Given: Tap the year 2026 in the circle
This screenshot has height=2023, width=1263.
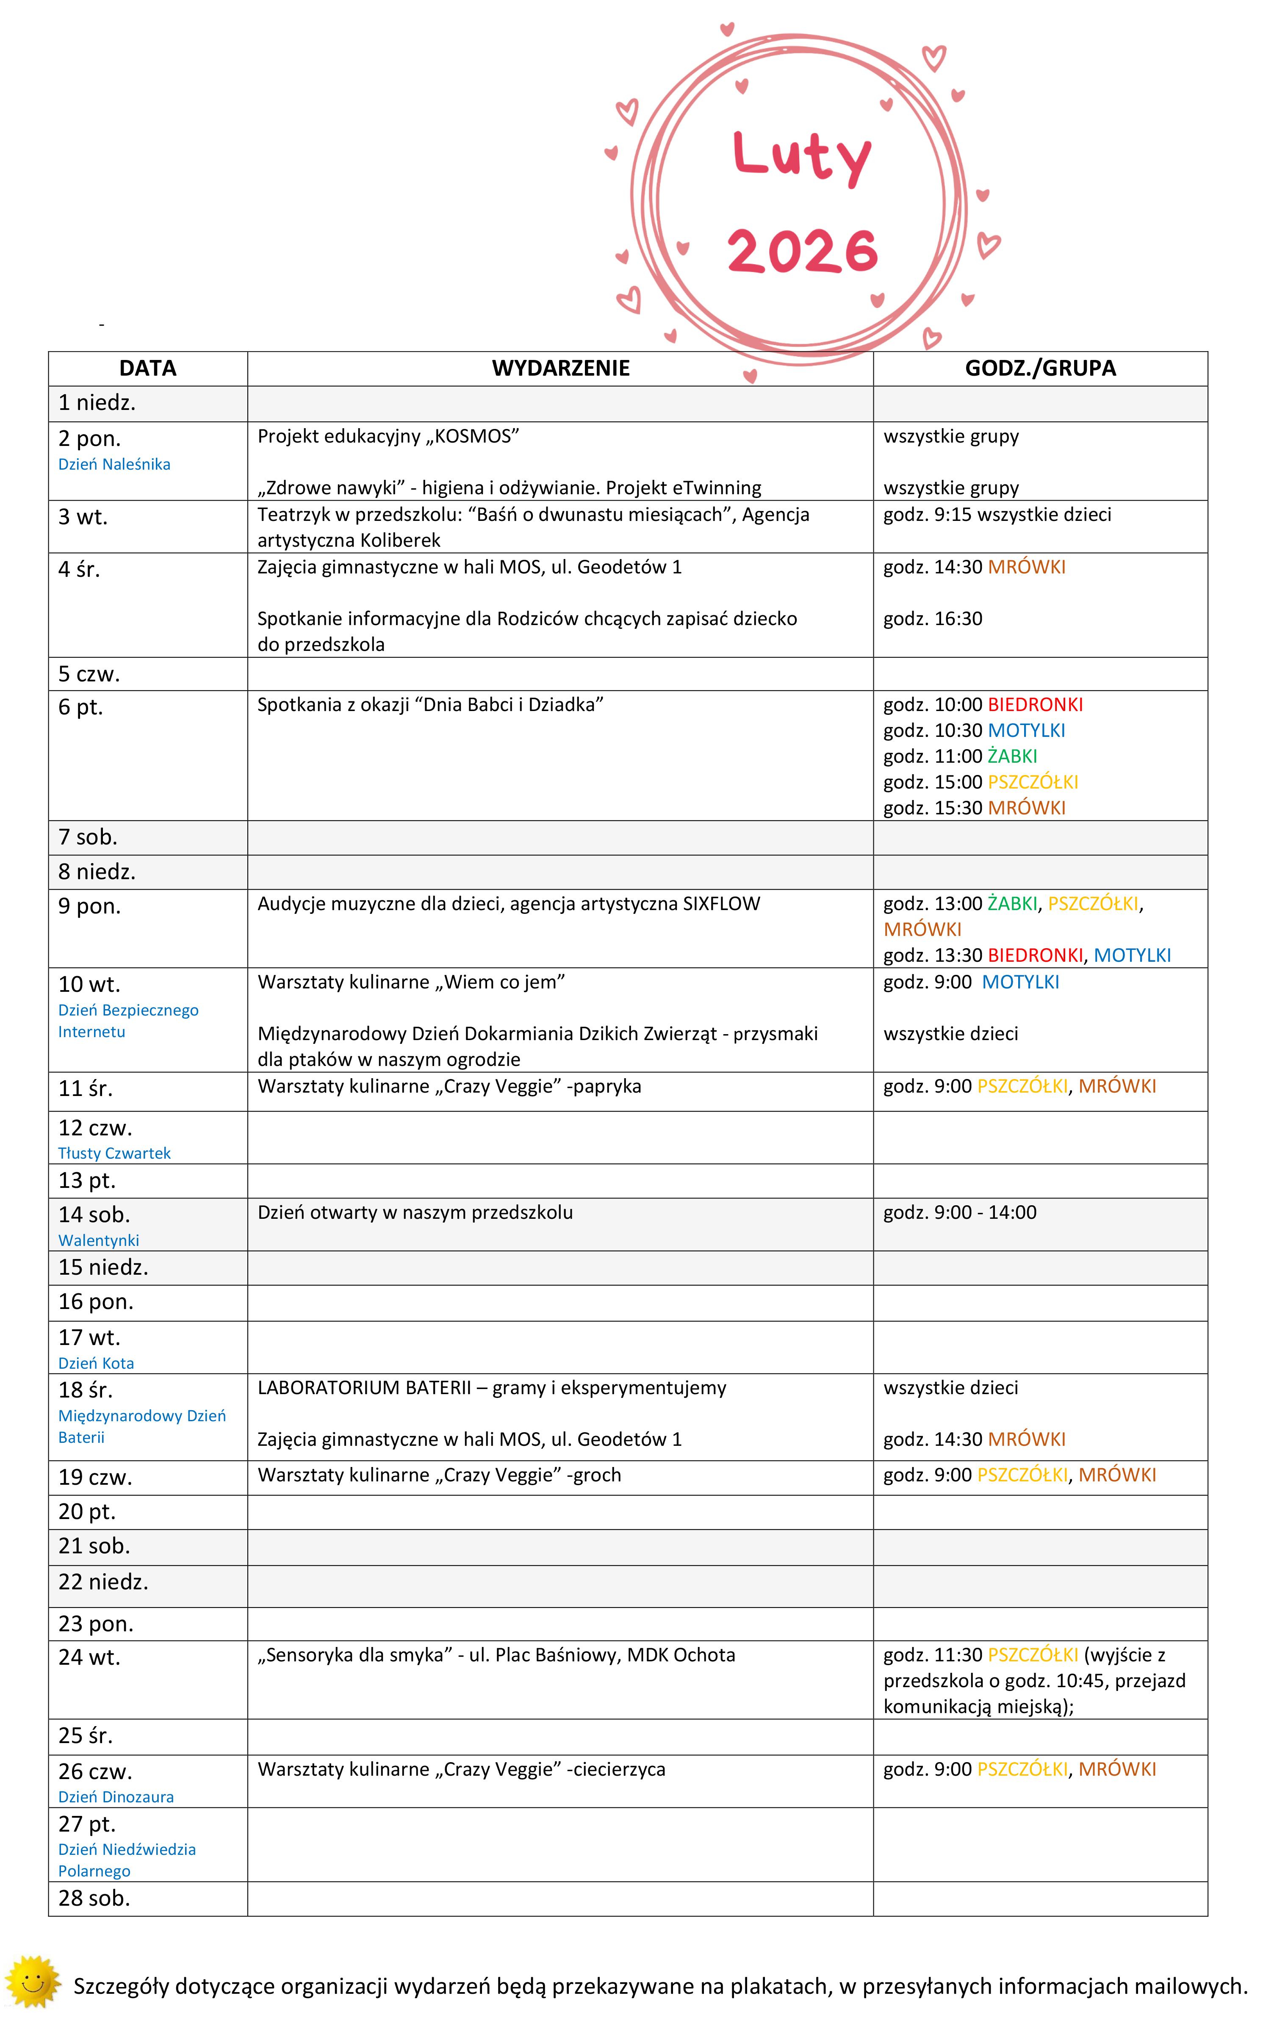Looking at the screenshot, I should [x=802, y=251].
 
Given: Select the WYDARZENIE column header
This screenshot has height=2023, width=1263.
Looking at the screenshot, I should [x=560, y=368].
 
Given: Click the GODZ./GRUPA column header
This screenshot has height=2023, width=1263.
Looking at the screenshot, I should [x=1040, y=368].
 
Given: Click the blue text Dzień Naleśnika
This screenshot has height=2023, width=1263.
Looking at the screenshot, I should [x=114, y=465].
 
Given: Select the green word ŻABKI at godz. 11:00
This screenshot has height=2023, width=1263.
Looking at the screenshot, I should [x=1012, y=757].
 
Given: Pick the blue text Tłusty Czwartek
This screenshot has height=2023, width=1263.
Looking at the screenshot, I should [x=114, y=1154].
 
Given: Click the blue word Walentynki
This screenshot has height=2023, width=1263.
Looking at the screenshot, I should [x=99, y=1240].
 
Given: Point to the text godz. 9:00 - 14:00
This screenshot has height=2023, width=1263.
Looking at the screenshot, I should [x=960, y=1213].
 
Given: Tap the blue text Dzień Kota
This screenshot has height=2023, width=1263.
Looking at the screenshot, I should [x=96, y=1363].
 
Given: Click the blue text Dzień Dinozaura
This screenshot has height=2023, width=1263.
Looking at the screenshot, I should [x=116, y=1796].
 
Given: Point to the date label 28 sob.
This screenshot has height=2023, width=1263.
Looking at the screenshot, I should [x=94, y=1898].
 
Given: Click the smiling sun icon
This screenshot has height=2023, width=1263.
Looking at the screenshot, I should [x=33, y=1981].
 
